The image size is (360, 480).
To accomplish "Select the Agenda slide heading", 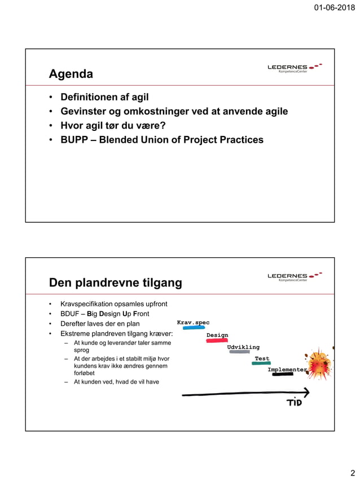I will (x=71, y=74).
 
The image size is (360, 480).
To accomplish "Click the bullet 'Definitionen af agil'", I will (x=104, y=97).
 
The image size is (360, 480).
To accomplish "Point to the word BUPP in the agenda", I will (x=75, y=139).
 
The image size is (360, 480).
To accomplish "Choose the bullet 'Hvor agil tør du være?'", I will (x=112, y=125).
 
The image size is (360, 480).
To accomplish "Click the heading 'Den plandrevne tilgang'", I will (x=115, y=283).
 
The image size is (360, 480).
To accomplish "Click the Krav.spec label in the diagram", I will (x=193, y=323).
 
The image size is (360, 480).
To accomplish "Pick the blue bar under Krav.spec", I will (x=194, y=328).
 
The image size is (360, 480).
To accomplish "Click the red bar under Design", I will (x=217, y=341).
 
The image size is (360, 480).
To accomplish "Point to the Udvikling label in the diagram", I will (x=243, y=347).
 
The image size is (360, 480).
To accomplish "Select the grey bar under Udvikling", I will (x=239, y=352).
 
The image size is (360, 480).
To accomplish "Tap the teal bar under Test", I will (x=261, y=364).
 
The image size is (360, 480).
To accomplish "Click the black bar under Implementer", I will (x=283, y=374).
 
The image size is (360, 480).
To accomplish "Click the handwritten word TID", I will (x=294, y=402).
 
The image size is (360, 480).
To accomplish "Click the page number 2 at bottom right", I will (x=353, y=473).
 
